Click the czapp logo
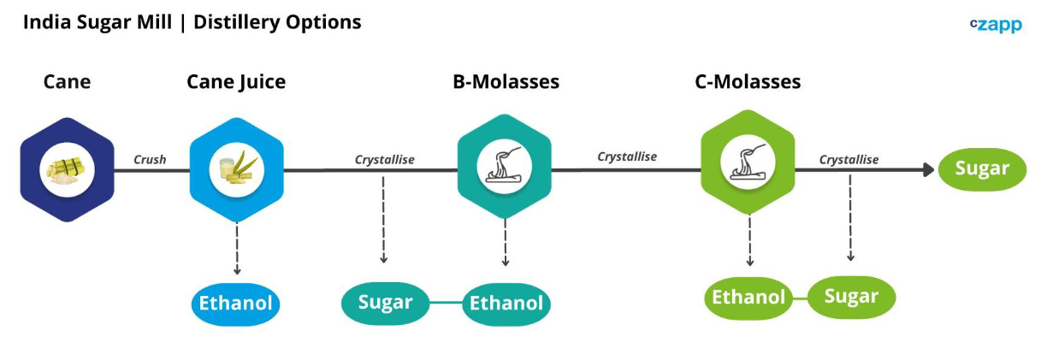(x=996, y=25)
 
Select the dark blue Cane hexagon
(x=68, y=169)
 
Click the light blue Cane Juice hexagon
(x=236, y=169)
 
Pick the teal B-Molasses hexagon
(x=505, y=167)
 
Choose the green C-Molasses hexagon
(x=748, y=162)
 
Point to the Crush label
(x=150, y=160)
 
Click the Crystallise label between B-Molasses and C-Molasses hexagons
(x=627, y=157)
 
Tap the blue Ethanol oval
(x=235, y=304)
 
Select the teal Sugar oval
(x=386, y=303)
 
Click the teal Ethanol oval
(x=506, y=304)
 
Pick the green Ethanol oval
(x=748, y=298)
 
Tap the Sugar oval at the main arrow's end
(x=983, y=169)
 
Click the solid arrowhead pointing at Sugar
(x=928, y=169)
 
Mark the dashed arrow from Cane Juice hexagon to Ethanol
(x=237, y=249)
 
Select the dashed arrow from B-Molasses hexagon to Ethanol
(x=506, y=243)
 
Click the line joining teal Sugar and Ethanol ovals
(x=447, y=303)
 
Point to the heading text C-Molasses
(x=748, y=82)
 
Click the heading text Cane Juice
(x=236, y=82)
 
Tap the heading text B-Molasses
(x=506, y=82)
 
